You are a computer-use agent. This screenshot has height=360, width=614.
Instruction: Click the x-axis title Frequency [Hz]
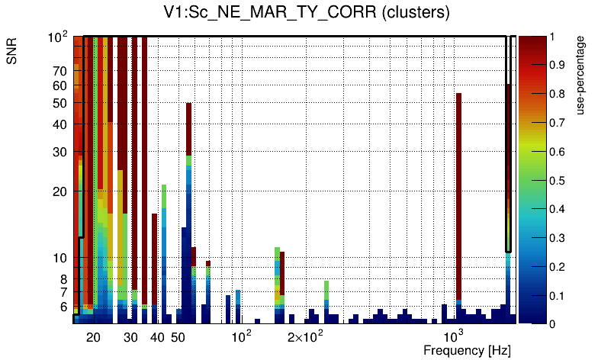click(466, 351)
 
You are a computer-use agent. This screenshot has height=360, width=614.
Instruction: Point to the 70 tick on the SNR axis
click(60, 71)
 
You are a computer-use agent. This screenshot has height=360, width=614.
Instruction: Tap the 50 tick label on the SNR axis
click(60, 103)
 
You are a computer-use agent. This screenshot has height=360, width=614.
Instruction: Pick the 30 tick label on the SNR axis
click(60, 152)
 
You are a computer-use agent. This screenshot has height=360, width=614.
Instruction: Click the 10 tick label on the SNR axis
click(60, 258)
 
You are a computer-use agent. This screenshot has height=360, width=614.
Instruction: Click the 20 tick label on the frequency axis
click(93, 337)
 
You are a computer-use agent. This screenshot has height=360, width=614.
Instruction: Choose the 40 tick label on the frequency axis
click(157, 337)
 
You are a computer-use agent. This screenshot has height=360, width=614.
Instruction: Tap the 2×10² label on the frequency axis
click(304, 336)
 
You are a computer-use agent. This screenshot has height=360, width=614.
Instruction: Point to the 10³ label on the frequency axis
click(455, 336)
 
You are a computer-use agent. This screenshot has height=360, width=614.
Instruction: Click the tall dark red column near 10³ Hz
click(459, 191)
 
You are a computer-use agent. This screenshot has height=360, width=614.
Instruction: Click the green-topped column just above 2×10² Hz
click(326, 291)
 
